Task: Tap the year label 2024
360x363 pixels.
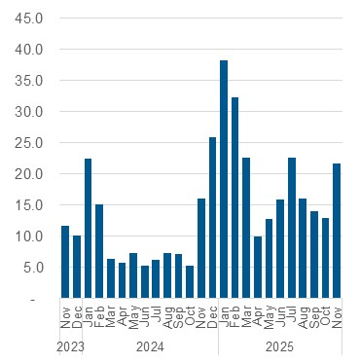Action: coord(150,346)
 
